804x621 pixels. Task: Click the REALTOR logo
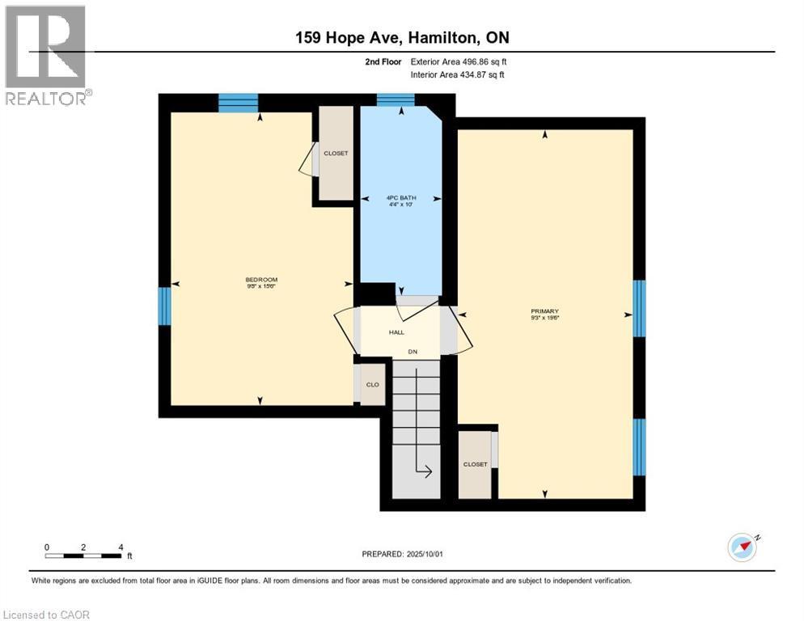pos(46,54)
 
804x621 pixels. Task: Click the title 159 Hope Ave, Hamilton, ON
pos(401,38)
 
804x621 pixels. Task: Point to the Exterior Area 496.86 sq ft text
pos(458,61)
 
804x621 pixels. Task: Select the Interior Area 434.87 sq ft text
pos(458,75)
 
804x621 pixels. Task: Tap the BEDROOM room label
pos(262,282)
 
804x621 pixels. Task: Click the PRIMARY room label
pos(544,314)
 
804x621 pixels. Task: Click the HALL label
pos(396,332)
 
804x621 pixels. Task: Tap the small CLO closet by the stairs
pos(373,385)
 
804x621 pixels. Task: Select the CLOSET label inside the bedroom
pos(336,153)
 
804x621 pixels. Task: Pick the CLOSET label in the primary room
pos(475,465)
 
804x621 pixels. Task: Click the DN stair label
pos(412,352)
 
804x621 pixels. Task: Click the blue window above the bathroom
pos(396,99)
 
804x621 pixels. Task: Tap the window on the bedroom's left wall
pos(164,306)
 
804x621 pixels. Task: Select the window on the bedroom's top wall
pos(238,102)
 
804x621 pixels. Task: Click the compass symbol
pos(742,547)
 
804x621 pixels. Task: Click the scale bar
pos(83,556)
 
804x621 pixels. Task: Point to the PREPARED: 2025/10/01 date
pos(401,554)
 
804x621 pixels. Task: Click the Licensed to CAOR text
pos(46,615)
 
